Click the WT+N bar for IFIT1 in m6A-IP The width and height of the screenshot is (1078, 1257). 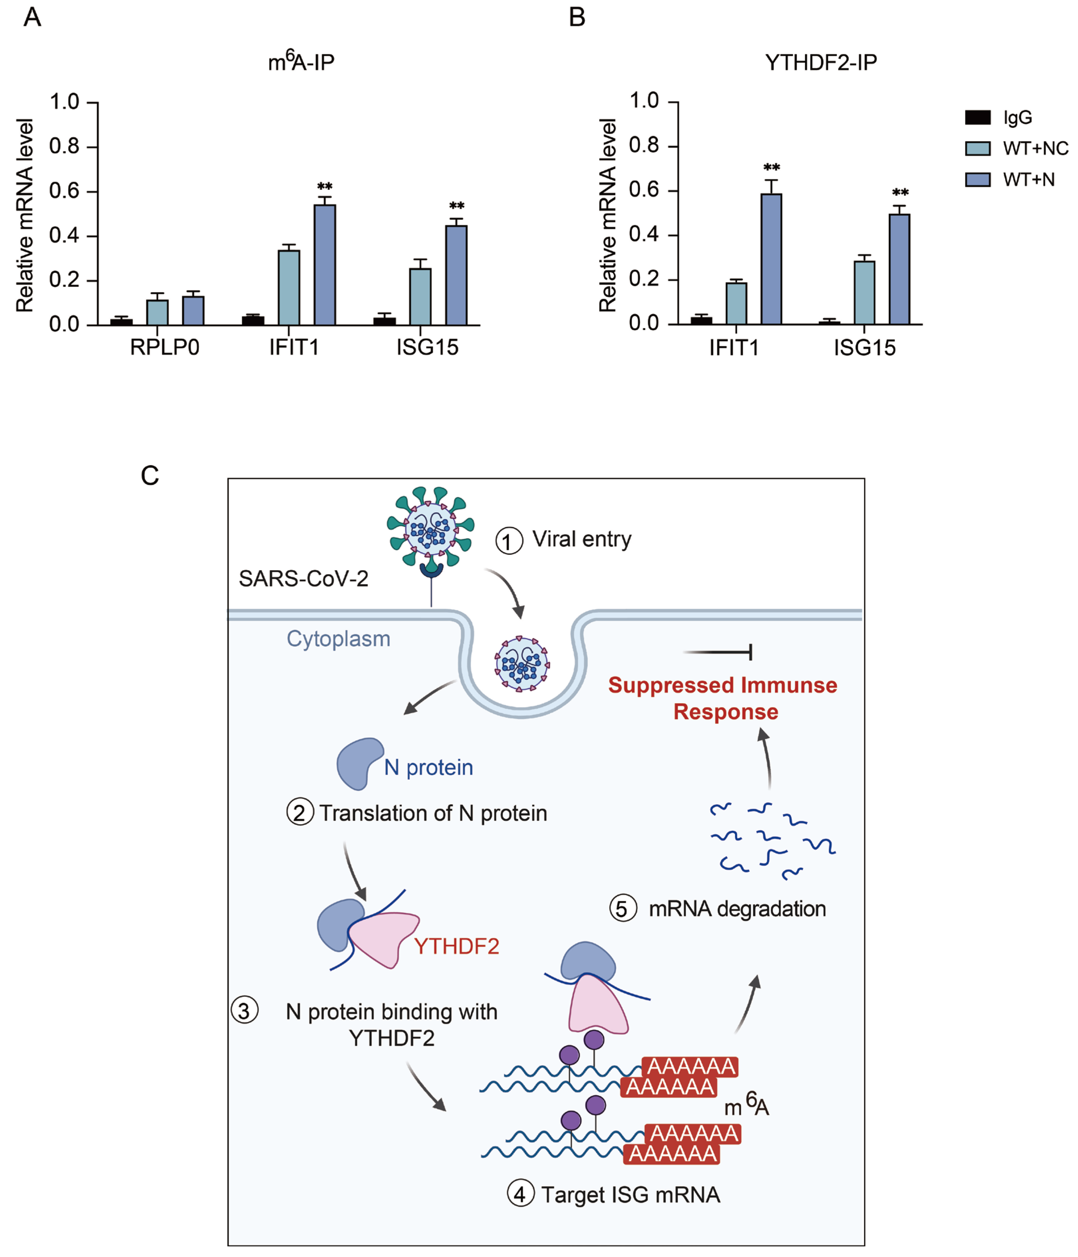(325, 265)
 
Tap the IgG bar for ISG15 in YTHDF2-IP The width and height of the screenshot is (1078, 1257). (829, 323)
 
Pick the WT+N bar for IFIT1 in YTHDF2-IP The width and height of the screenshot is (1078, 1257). (771, 259)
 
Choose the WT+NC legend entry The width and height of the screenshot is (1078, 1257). (1017, 148)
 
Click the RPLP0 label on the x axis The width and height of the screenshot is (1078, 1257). (165, 348)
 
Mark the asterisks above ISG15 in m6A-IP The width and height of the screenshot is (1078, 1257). (456, 206)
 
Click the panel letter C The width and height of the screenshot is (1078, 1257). (150, 476)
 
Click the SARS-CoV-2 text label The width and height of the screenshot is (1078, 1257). (303, 579)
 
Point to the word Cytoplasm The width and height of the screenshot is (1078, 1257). (338, 639)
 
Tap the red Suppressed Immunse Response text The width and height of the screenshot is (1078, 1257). (723, 698)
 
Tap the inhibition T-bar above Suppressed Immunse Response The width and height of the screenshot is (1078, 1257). (718, 652)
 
